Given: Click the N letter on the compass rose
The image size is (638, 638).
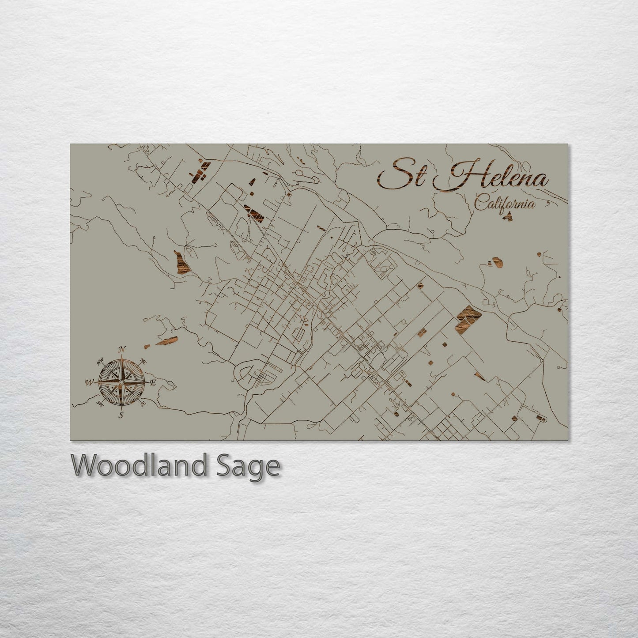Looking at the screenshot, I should point(122,350).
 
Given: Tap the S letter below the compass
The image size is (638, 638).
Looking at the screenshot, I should point(121,415).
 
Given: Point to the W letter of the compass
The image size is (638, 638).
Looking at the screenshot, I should point(89,382).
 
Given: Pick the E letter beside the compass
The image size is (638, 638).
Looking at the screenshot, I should point(153,383).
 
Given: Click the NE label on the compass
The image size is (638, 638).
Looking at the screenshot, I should point(143,361).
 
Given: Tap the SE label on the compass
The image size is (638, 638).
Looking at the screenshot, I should point(143,403).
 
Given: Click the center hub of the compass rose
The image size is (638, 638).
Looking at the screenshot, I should point(121,382).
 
